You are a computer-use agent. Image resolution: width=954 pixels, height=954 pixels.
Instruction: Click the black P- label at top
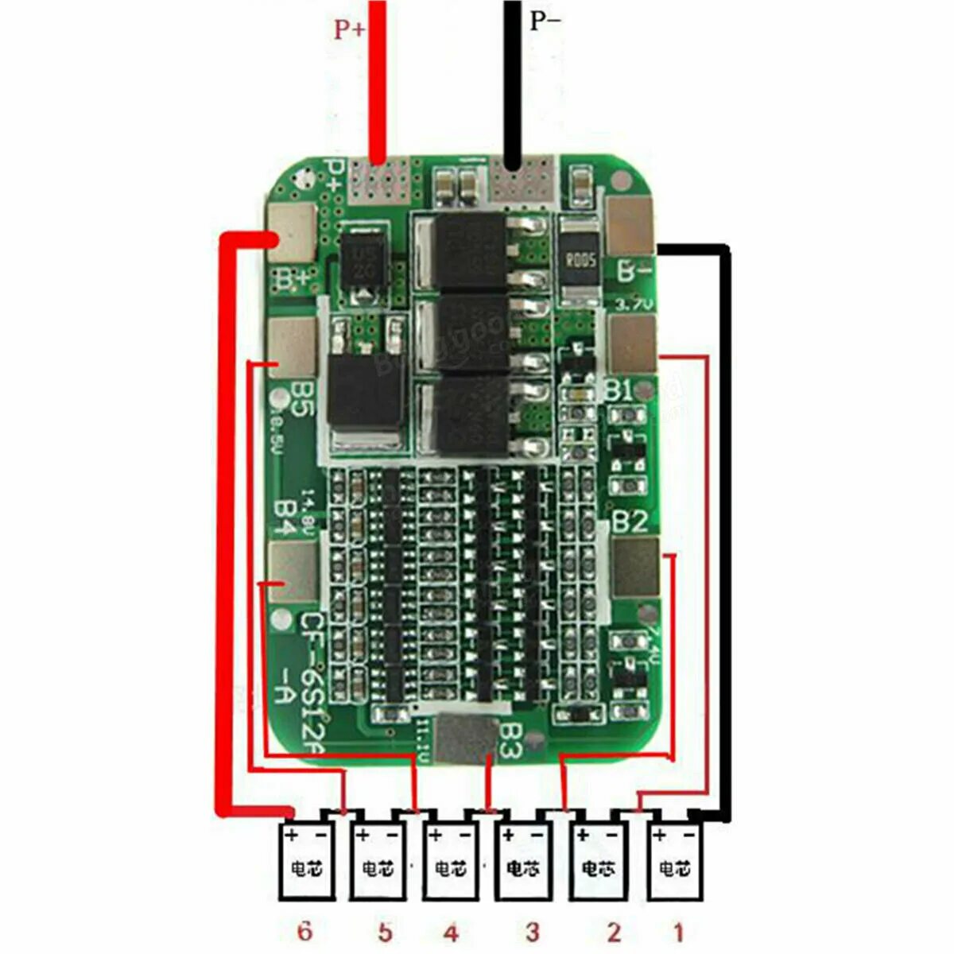pos(545,21)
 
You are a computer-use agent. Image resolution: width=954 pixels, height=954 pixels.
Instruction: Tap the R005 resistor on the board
pos(580,258)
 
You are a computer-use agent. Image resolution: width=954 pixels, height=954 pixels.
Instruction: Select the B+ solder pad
pos(292,232)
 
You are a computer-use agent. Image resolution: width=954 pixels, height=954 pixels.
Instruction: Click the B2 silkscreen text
pos(630,522)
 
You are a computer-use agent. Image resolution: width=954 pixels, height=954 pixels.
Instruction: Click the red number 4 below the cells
pos(451,932)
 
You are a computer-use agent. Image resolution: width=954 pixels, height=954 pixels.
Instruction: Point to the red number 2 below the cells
pos(613,932)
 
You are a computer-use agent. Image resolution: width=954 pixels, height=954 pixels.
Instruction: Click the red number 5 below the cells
pos(385,932)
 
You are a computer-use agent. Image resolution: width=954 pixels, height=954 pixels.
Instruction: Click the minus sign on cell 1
pos(688,835)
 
